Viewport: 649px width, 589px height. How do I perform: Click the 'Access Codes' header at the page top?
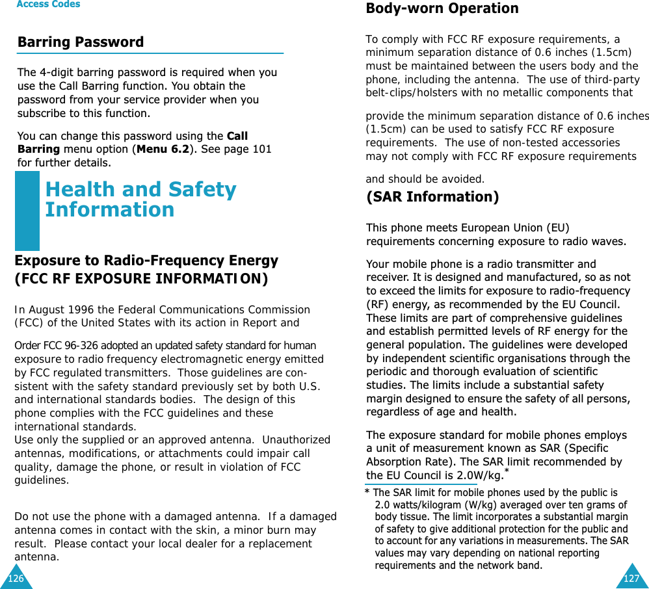(x=48, y=5)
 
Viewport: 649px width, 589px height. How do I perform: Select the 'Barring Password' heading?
(x=81, y=42)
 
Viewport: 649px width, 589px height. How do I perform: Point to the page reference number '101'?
(x=262, y=150)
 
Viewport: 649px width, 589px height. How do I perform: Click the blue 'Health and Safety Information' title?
(x=140, y=200)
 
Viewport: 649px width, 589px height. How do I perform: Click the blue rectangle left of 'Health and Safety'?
(x=27, y=211)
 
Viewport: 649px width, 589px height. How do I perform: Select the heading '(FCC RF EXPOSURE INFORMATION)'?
(x=140, y=280)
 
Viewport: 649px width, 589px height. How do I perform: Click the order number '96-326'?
(x=79, y=345)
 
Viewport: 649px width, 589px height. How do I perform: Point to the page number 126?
(x=16, y=578)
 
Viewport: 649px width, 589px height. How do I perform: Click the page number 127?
(x=631, y=578)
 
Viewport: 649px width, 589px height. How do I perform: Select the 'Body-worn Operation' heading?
(x=442, y=8)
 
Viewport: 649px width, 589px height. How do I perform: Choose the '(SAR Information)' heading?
(x=432, y=197)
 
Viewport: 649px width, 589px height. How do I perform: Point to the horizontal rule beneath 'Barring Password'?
(x=150, y=53)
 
